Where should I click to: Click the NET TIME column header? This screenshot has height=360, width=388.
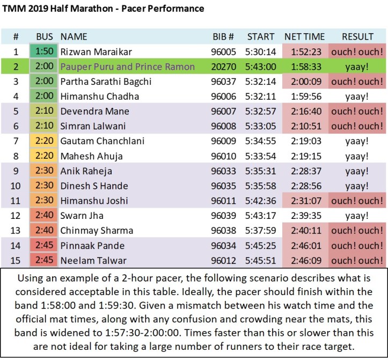tap(304, 37)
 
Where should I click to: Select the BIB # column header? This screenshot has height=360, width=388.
tap(223, 37)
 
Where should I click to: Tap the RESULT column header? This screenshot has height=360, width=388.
tap(357, 37)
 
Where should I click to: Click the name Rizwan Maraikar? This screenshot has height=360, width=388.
tap(96, 52)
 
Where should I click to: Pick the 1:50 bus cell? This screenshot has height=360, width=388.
tap(45, 52)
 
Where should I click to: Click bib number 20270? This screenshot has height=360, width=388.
tap(223, 67)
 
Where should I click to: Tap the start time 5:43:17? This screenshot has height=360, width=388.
tap(261, 216)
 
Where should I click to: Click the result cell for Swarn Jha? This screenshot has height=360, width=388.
tap(357, 216)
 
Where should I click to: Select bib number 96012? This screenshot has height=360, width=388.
tap(223, 261)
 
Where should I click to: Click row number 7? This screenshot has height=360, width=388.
tap(16, 142)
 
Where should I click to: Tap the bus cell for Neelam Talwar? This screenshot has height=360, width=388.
tap(45, 261)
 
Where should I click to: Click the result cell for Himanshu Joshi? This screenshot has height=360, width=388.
tap(357, 201)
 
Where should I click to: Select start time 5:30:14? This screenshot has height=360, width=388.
tap(261, 52)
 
